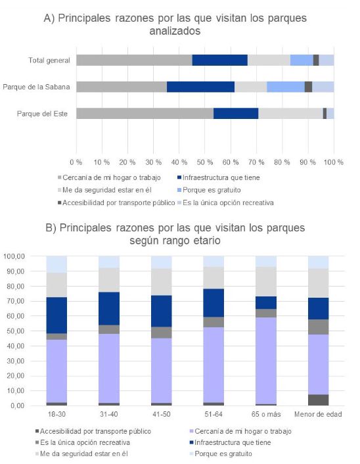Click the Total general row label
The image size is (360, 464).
pos(49,60)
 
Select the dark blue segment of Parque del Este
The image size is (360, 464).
pos(236,113)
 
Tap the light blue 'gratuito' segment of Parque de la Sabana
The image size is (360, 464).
pos(286,87)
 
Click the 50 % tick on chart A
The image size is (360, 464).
pos(205,162)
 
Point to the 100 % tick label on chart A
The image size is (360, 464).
pos(334,162)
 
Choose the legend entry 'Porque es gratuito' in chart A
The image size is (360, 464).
pos(209,190)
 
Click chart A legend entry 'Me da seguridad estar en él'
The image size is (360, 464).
pos(104,190)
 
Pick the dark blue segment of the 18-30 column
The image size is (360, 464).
pos(56,315)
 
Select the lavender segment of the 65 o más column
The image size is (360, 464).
pos(266,361)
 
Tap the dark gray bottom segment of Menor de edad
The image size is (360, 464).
pos(319,400)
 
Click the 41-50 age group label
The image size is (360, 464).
pos(162,414)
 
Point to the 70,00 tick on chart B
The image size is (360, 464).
pos(14,301)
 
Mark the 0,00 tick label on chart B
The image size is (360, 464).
pos(17,406)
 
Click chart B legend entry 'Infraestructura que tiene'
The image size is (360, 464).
pos(230,442)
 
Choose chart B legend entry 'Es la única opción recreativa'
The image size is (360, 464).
pos(83,442)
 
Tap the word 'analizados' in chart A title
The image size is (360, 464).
pos(175,31)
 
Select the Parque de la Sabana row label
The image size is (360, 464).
pos(36,87)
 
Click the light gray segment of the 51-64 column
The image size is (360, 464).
pos(214,277)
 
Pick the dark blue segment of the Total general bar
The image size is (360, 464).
pos(220,60)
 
